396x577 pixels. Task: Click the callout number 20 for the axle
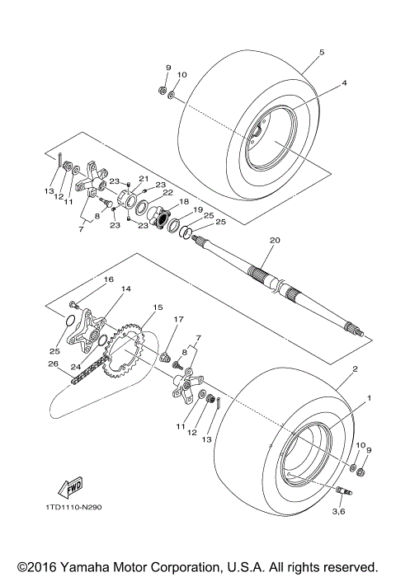pyautogui.click(x=275, y=241)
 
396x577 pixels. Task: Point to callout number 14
pyautogui.click(x=126, y=289)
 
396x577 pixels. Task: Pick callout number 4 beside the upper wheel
pyautogui.click(x=344, y=82)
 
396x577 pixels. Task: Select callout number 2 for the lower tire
pyautogui.click(x=354, y=369)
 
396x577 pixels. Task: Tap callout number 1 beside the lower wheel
pyautogui.click(x=368, y=398)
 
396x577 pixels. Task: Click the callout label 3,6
pyautogui.click(x=340, y=512)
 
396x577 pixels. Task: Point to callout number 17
pyautogui.click(x=177, y=319)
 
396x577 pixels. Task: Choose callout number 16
pyautogui.click(x=107, y=280)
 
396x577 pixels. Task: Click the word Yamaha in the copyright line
pyautogui.click(x=88, y=567)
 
